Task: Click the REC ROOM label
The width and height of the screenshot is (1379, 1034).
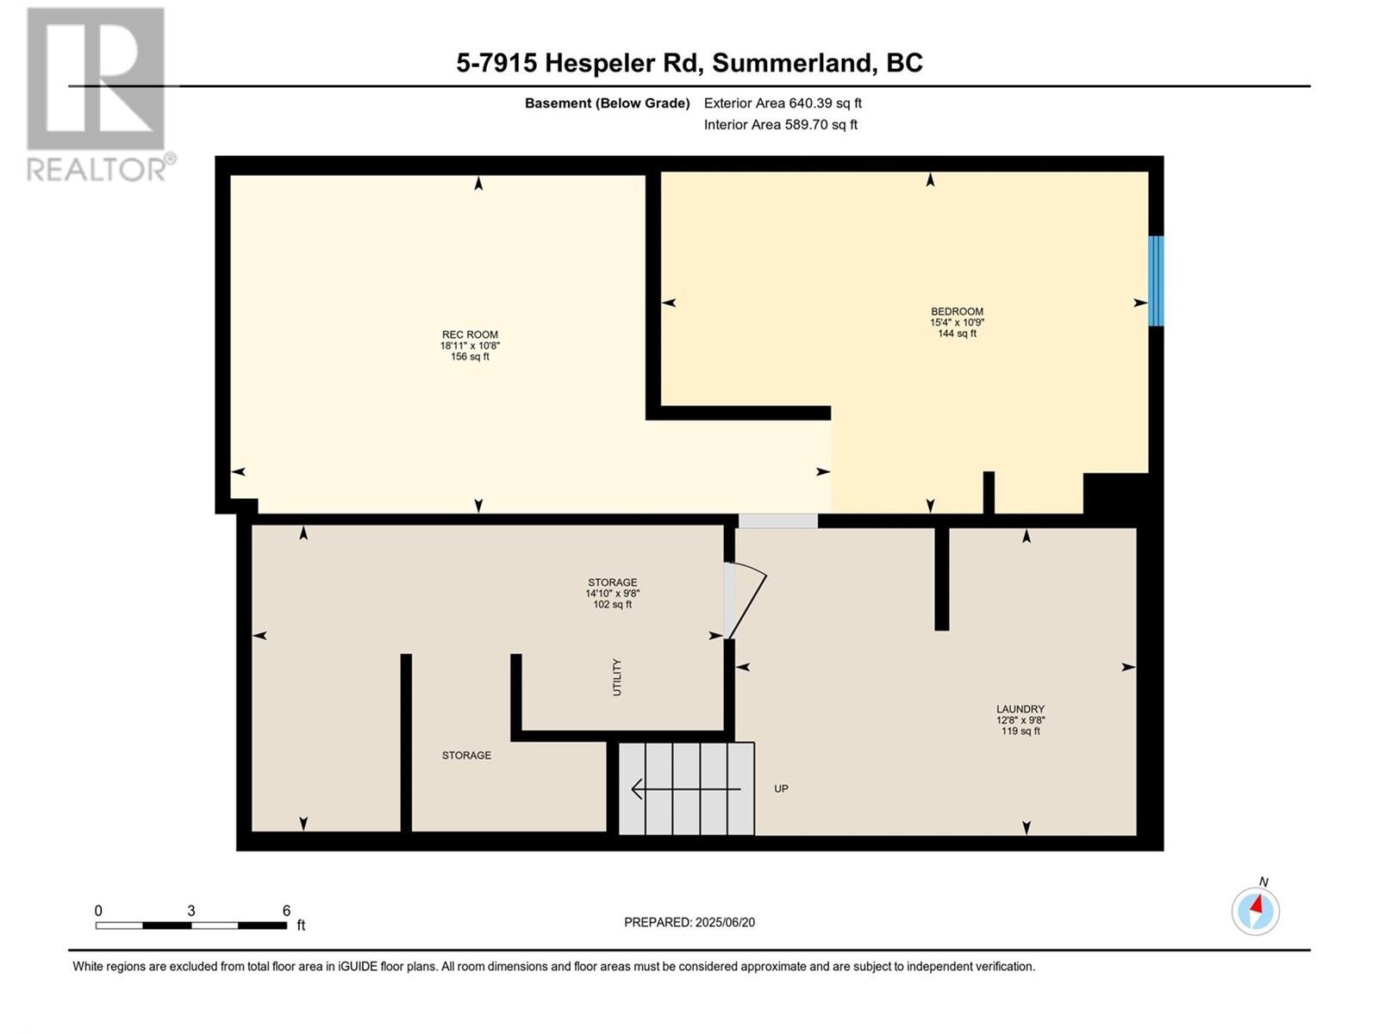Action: point(470,334)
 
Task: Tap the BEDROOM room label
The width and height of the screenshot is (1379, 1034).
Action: point(957,311)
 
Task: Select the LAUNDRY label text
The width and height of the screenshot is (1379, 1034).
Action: point(1020,709)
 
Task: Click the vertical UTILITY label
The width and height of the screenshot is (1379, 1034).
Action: point(617,676)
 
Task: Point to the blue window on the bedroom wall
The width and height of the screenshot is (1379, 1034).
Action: point(1156,281)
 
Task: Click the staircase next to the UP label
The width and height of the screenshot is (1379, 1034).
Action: point(687,788)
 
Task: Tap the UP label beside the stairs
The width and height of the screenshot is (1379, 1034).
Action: point(781,788)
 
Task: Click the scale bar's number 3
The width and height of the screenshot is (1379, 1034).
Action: point(191,910)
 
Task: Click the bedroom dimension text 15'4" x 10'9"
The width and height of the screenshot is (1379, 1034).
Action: point(957,322)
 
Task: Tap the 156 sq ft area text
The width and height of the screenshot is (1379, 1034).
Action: point(470,357)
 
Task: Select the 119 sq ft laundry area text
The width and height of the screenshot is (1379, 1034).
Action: point(1020,731)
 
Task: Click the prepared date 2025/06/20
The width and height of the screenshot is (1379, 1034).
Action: point(725,922)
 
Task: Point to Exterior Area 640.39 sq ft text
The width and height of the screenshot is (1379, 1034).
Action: point(783,103)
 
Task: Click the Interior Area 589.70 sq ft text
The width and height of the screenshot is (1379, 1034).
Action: point(780,124)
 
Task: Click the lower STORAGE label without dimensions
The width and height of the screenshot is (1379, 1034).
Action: point(466,756)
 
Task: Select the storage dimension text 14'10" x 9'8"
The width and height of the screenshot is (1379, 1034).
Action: point(613,594)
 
